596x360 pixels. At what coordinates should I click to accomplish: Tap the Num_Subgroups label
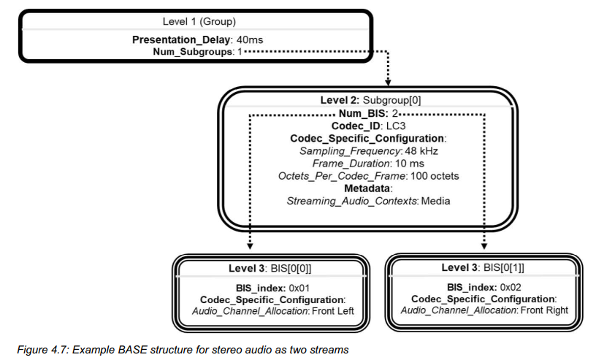tap(191, 53)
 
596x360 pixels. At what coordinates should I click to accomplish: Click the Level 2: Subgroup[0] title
tap(370, 100)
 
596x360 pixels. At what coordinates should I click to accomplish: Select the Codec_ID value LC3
tap(394, 126)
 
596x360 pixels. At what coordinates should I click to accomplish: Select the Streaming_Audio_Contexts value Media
tap(437, 200)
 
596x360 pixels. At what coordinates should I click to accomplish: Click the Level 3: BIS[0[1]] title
tap(484, 268)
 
